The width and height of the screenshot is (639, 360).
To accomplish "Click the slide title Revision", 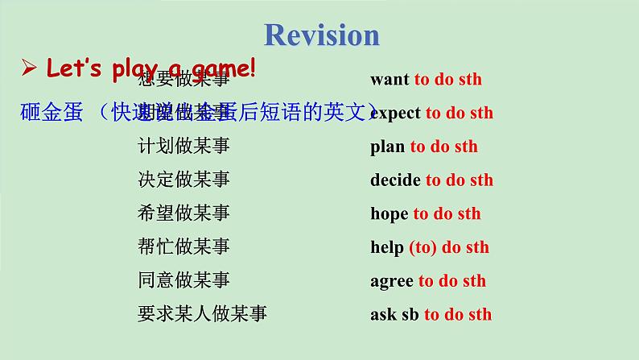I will tap(321, 35).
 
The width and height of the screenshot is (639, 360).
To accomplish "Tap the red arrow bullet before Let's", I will tap(29, 69).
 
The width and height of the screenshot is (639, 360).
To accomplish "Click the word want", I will tap(390, 80).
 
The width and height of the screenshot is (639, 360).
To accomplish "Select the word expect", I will tap(395, 113).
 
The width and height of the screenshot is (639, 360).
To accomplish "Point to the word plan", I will tap(387, 147).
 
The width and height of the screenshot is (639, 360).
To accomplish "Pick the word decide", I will tap(395, 180).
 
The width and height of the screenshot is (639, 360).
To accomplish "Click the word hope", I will tap(389, 213).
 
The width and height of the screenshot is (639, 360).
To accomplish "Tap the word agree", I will tap(391, 281).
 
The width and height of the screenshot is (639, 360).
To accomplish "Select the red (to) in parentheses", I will tap(422, 247).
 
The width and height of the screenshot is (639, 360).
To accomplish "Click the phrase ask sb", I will tap(394, 315).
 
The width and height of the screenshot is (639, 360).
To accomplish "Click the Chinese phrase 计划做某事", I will tap(183, 146).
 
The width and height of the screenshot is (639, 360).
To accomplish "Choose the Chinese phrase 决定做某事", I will tap(183, 180).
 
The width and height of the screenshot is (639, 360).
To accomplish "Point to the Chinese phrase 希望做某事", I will tap(183, 213).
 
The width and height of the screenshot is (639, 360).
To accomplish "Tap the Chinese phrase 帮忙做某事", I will tap(183, 246).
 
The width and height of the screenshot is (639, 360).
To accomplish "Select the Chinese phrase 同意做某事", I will tap(183, 280).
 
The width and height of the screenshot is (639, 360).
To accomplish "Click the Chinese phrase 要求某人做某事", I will tap(202, 314).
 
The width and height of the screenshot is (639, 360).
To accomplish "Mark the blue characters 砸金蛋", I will tap(52, 113).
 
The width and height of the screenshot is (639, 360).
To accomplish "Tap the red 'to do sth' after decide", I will tap(460, 180).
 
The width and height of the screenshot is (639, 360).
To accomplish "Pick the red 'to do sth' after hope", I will tap(447, 213).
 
